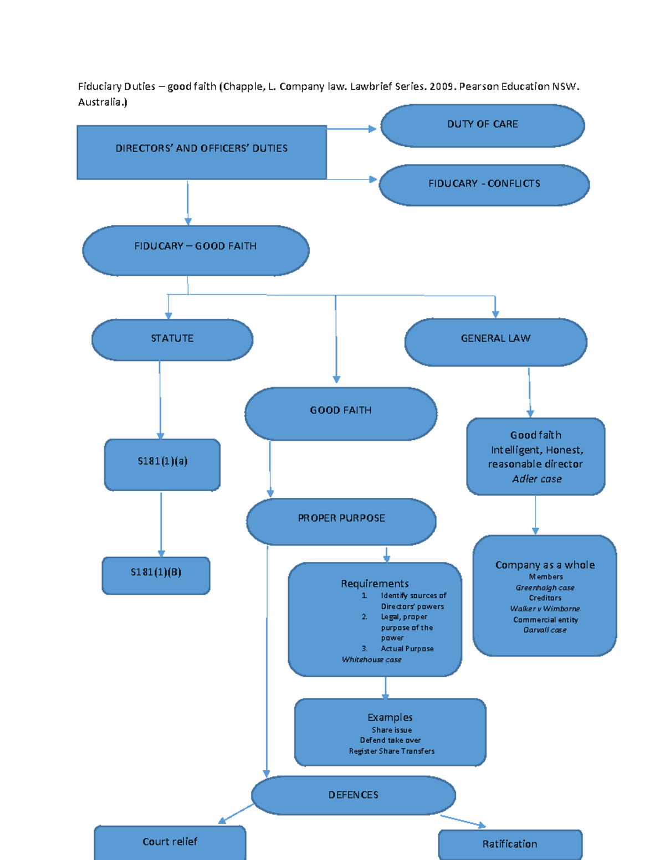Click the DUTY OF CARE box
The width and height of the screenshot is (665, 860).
tap(482, 126)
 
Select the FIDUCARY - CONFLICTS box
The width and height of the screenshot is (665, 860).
tap(484, 184)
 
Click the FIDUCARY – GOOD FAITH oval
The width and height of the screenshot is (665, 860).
tap(196, 250)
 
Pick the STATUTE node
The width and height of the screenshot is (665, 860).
tap(172, 339)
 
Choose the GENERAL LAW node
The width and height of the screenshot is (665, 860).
tap(495, 342)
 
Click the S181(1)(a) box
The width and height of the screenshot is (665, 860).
tap(162, 464)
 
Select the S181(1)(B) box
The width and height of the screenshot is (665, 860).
tap(156, 575)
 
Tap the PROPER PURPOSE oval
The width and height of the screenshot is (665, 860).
tap(341, 521)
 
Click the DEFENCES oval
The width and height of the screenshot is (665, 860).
tap(353, 795)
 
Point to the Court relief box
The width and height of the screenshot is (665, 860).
tap(170, 842)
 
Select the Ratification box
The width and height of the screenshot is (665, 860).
tap(510, 844)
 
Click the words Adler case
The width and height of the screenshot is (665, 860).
tap(536, 479)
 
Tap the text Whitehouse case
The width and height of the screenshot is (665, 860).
tap(371, 660)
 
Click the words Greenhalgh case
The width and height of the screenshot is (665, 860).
tap(545, 588)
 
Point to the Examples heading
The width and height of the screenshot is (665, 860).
tap(390, 717)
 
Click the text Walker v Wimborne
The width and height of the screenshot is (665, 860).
tap(545, 609)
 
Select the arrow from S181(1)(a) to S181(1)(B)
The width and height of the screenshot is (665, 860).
tap(161, 523)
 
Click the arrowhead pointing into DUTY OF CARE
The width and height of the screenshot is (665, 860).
tap(372, 129)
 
